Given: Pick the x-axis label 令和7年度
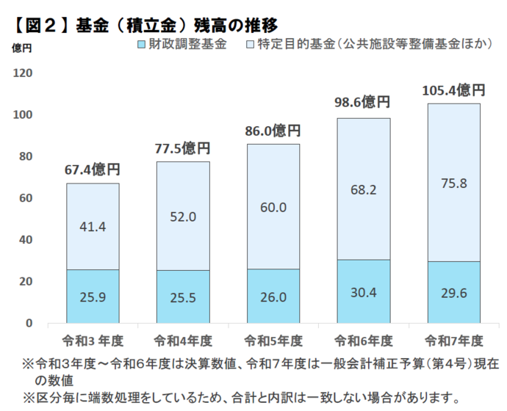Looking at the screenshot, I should [453, 341].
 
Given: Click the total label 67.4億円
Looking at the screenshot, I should [93, 170].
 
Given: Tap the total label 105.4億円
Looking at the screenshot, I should [453, 91].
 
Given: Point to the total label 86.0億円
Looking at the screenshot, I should [273, 131].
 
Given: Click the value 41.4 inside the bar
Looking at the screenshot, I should [93, 227].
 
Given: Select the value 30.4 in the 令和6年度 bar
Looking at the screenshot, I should [363, 292].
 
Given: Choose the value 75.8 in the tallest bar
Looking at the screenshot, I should [453, 183].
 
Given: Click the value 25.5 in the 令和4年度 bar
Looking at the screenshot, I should [183, 297].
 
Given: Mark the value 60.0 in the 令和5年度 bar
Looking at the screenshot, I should [273, 208].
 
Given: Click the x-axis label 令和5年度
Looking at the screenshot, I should [273, 341].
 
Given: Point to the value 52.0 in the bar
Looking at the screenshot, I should [183, 217].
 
